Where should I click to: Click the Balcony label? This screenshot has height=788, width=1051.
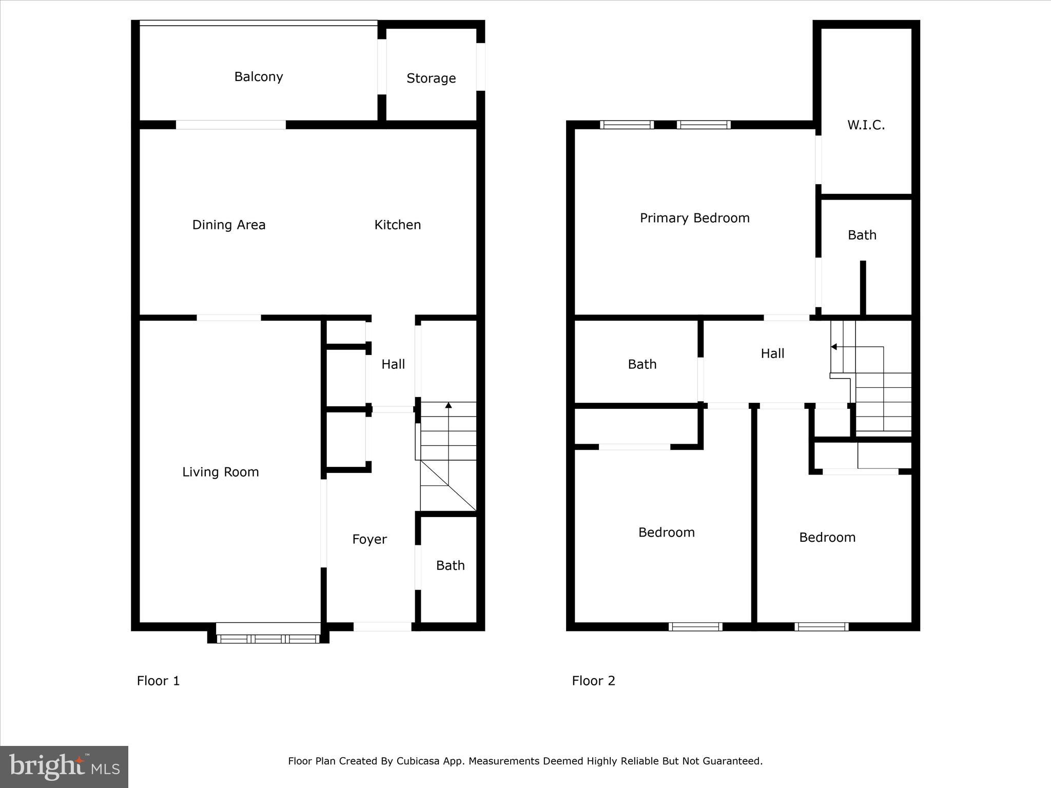click(x=259, y=77)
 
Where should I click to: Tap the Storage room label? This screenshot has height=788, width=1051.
click(x=431, y=78)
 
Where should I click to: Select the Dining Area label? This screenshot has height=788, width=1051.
click(x=229, y=225)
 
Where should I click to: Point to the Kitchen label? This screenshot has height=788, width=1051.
click(x=398, y=225)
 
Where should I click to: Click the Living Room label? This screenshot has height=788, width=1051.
click(x=221, y=472)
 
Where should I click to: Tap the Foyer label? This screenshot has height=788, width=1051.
click(x=369, y=539)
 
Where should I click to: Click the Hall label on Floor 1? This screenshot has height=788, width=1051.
click(x=393, y=364)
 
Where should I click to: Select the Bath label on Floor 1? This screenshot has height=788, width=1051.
click(x=451, y=565)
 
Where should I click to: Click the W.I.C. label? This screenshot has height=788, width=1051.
click(x=866, y=125)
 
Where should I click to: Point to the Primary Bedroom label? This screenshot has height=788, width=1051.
click(x=695, y=218)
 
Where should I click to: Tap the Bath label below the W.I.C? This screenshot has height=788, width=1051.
click(x=862, y=235)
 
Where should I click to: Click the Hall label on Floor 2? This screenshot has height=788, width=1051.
click(x=773, y=353)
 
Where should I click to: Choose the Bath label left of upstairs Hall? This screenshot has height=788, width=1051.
click(x=643, y=364)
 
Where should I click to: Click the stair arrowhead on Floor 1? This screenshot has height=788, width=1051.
click(x=449, y=405)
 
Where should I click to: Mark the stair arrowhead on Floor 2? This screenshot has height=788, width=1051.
click(x=834, y=347)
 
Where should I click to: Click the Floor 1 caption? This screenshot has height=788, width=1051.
click(x=158, y=681)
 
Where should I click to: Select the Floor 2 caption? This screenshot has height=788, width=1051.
click(x=594, y=681)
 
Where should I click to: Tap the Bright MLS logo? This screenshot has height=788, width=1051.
click(x=64, y=766)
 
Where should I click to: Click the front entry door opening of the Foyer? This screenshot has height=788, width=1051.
click(x=383, y=626)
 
